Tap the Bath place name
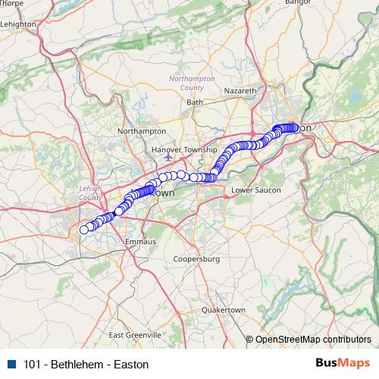tap(195, 102)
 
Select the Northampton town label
tap(136, 131)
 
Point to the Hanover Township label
tap(184, 150)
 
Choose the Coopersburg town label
tap(196, 259)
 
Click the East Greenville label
tap(135, 334)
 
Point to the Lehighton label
tap(20, 24)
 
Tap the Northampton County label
tap(192, 83)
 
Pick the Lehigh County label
tap(89, 193)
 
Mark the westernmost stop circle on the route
tap(84, 229)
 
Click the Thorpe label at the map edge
tap(12, 3)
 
